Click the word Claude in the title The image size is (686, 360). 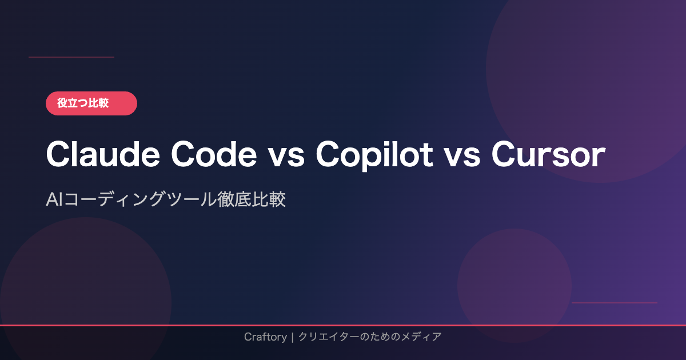[x=103, y=154]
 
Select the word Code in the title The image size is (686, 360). [x=214, y=154]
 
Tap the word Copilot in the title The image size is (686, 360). [x=374, y=155]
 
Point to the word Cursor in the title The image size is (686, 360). [x=548, y=154]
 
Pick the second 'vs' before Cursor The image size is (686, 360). [x=462, y=157]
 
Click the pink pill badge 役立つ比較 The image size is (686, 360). [x=91, y=103]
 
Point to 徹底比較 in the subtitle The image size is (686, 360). [x=252, y=199]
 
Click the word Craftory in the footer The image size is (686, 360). [x=265, y=337]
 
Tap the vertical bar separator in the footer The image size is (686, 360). [x=293, y=337]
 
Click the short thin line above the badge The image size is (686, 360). [x=71, y=57]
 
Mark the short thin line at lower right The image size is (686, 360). [x=615, y=303]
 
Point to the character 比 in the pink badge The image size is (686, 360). [x=93, y=103]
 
